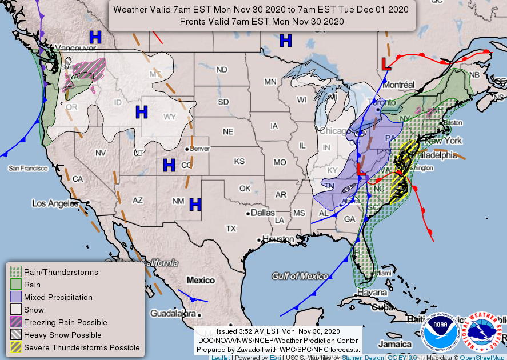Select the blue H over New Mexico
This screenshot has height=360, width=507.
196,204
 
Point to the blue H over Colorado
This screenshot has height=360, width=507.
169,166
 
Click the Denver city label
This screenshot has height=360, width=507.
199,148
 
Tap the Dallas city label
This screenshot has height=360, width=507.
262,213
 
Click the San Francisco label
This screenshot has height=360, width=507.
27,168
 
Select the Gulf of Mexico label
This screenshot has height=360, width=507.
300,276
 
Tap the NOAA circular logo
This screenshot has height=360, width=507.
441,331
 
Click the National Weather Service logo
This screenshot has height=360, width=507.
483,331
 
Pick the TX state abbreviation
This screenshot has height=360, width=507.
231,228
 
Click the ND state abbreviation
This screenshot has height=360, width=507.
222,70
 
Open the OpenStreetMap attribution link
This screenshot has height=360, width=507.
483,357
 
